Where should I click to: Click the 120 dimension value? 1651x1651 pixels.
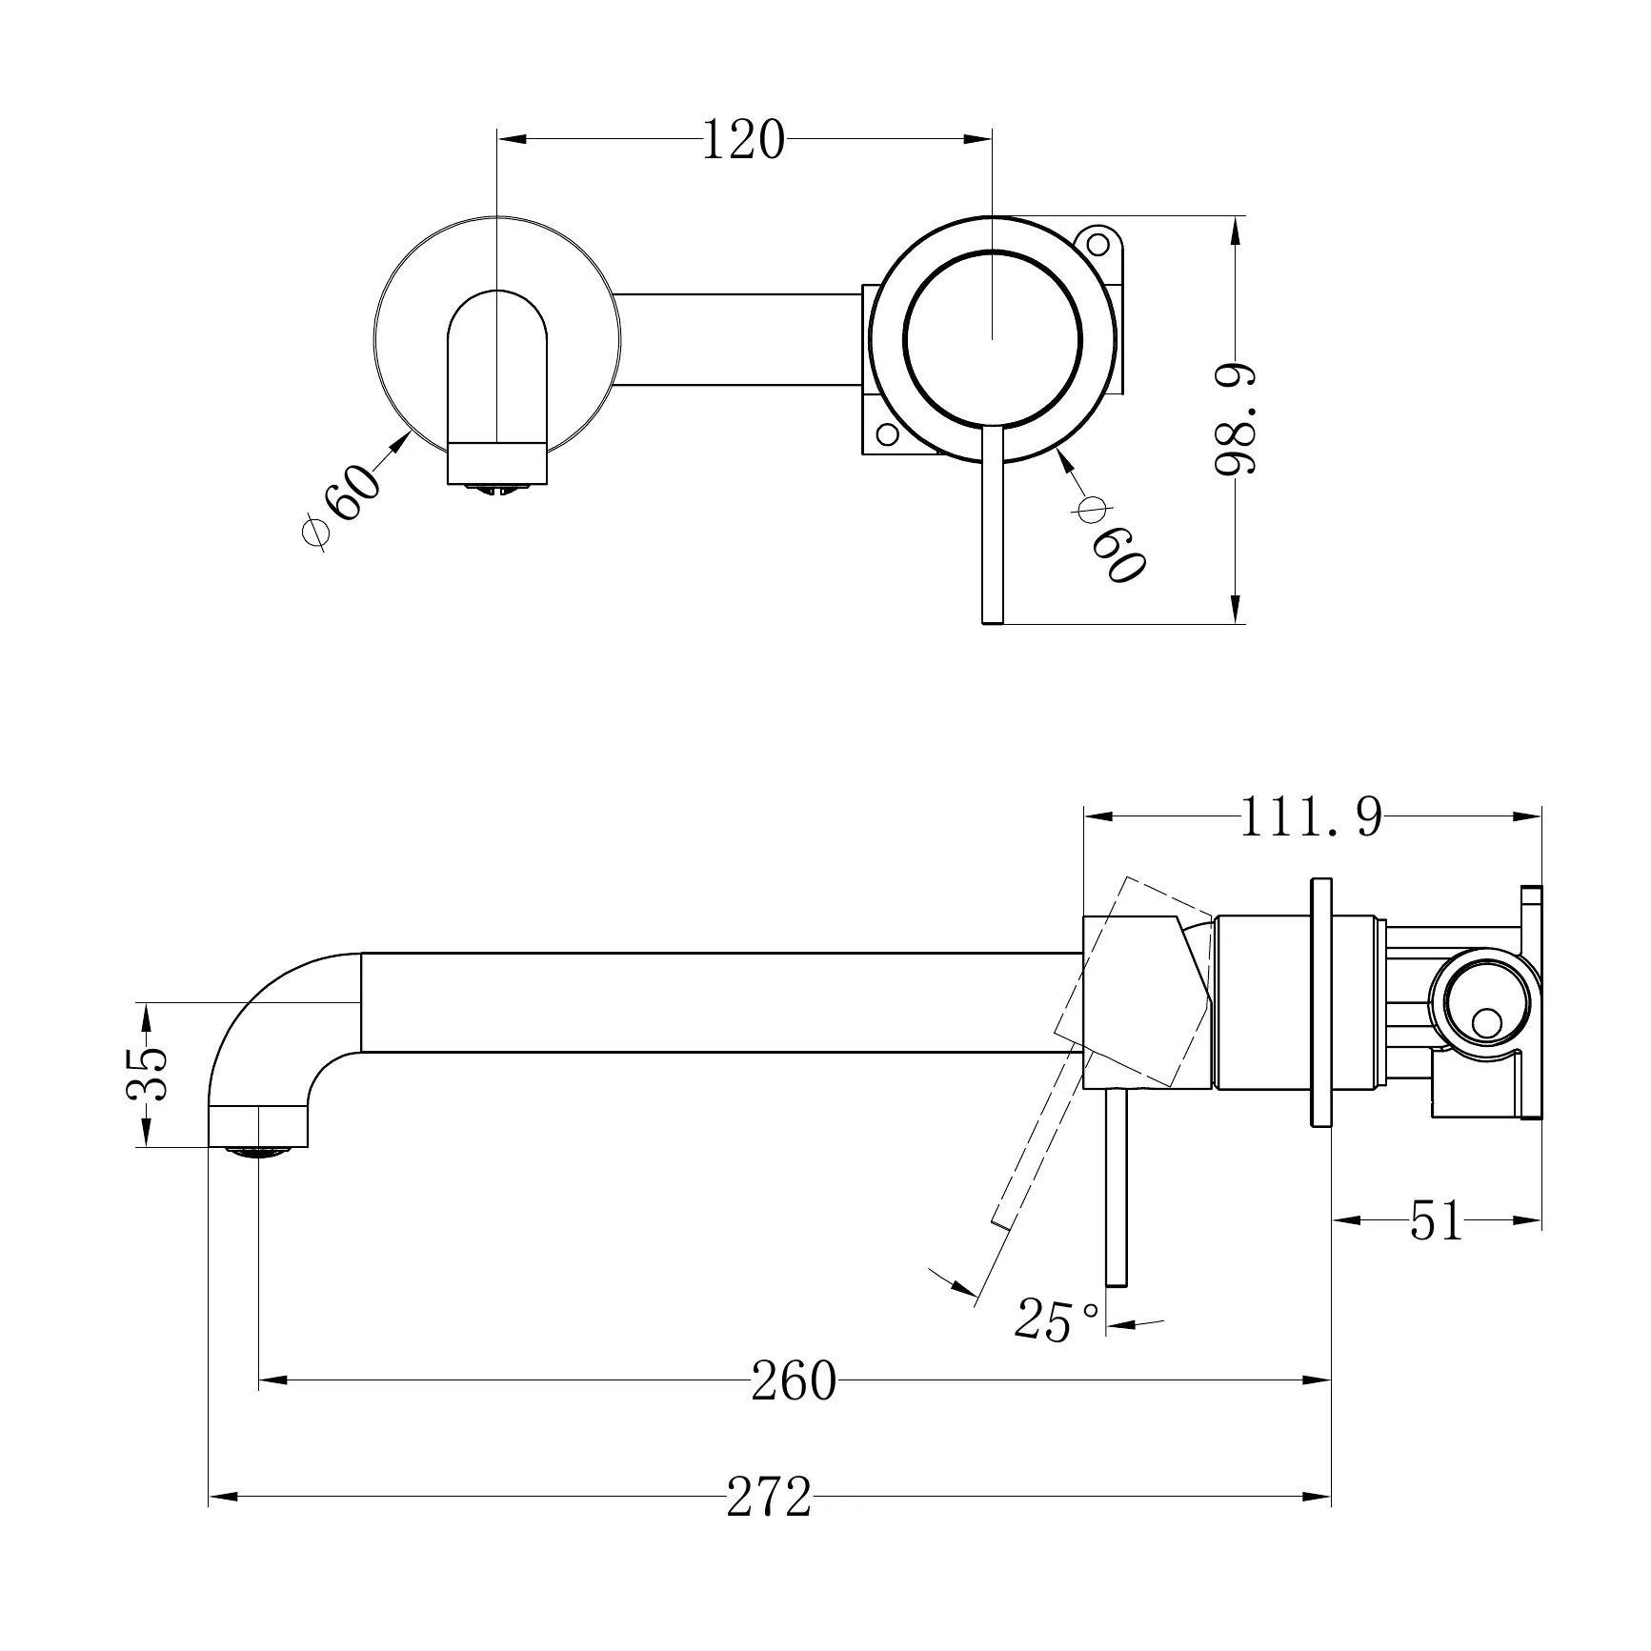[743, 141]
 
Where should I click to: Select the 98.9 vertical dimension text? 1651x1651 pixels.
[1237, 419]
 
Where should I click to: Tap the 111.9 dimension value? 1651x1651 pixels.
[1311, 817]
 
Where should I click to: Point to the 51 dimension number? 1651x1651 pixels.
[1436, 1220]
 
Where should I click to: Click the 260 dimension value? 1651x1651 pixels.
[793, 1380]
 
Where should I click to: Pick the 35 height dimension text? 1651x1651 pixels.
[148, 1074]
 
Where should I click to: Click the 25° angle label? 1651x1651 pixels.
[1056, 1321]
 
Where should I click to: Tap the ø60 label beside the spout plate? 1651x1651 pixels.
[340, 504]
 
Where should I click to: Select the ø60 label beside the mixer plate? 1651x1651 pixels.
[1109, 539]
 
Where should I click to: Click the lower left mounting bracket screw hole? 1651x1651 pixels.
[887, 434]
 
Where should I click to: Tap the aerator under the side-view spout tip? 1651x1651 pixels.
[258, 1151]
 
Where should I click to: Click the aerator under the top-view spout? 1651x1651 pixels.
[497, 489]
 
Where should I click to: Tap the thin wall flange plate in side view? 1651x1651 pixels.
[1320, 1001]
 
